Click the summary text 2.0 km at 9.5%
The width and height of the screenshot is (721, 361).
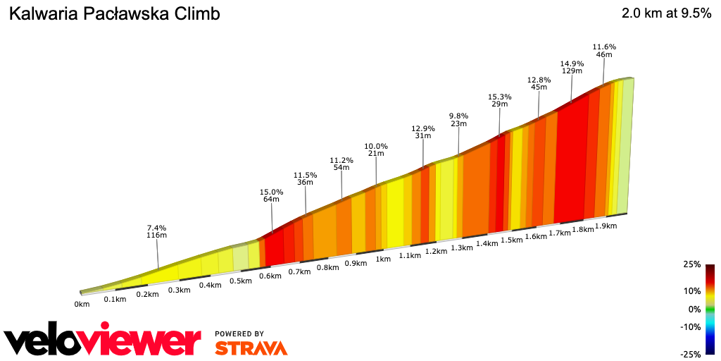(x=666, y=13)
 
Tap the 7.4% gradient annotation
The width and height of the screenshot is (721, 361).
(x=156, y=232)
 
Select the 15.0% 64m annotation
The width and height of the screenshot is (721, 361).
(x=272, y=195)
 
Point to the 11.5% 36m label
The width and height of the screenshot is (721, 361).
(x=305, y=178)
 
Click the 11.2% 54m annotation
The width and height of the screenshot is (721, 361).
(x=341, y=164)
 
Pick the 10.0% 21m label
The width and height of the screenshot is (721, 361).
(x=376, y=149)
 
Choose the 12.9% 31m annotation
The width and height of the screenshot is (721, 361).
(x=423, y=132)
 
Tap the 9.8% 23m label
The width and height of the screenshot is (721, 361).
(x=458, y=120)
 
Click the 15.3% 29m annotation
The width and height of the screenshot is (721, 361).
(x=499, y=100)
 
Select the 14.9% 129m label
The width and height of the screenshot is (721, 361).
(x=572, y=66)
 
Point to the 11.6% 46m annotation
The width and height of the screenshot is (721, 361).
(x=604, y=50)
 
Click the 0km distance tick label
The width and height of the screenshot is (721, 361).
(x=82, y=305)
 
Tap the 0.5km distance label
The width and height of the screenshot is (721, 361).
(x=241, y=281)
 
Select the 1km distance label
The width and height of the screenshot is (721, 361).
(x=383, y=259)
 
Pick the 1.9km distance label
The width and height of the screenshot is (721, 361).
(x=606, y=226)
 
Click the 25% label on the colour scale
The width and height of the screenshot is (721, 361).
(x=691, y=264)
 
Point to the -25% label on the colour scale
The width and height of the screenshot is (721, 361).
(x=690, y=354)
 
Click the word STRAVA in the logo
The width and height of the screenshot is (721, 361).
(x=251, y=348)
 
